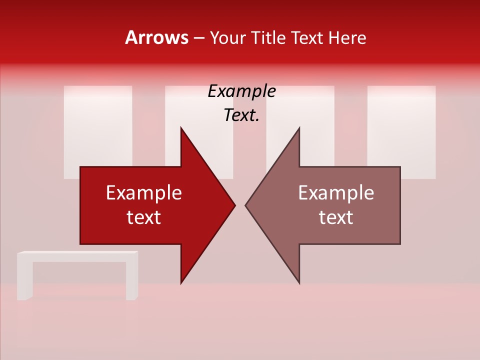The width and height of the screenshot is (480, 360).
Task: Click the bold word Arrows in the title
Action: (x=156, y=37)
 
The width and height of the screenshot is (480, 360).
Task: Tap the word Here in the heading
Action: (x=347, y=38)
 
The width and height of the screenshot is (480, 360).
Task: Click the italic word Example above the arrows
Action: (x=241, y=91)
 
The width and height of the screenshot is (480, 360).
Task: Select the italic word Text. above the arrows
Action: (x=241, y=115)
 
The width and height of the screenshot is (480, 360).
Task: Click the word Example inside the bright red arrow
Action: (x=143, y=193)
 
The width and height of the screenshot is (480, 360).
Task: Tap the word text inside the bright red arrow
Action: (x=143, y=217)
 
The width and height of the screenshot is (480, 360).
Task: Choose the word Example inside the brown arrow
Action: (x=336, y=193)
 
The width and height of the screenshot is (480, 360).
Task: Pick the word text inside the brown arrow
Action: (x=336, y=217)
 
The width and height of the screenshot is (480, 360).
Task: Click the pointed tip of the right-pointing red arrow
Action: (x=234, y=205)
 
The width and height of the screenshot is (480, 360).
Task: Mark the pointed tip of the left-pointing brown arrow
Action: (x=246, y=205)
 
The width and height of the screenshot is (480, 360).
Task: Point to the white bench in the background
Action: (x=77, y=257)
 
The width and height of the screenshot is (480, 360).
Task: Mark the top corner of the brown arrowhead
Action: (x=299, y=128)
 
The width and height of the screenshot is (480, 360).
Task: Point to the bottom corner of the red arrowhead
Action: (x=181, y=282)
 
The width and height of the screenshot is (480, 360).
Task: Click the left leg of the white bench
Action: (x=25, y=280)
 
